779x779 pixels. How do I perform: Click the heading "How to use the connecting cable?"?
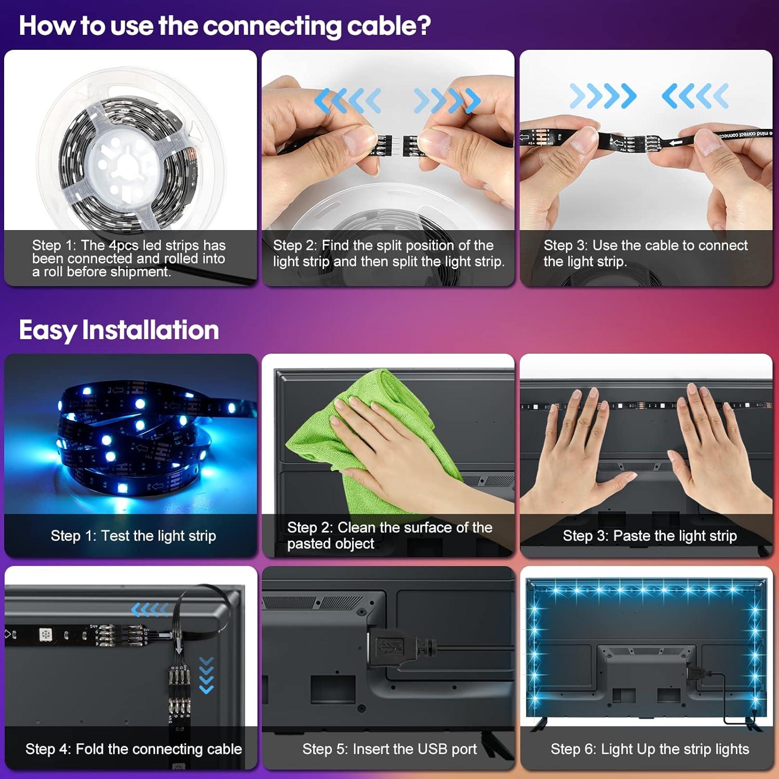224,25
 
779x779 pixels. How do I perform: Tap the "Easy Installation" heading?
119,330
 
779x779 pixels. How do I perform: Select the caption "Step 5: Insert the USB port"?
389,749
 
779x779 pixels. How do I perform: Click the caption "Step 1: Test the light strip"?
133,535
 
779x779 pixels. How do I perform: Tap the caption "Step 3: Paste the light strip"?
650,535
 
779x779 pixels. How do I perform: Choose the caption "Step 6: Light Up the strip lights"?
650,749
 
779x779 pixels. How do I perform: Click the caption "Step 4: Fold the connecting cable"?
133,749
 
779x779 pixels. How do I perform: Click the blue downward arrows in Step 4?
207,675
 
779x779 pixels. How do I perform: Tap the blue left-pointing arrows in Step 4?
150,609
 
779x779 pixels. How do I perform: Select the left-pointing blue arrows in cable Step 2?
347,100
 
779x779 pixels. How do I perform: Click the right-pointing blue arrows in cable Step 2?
447,100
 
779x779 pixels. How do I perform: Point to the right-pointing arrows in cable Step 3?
602,96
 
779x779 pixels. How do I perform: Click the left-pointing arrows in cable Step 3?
695,96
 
